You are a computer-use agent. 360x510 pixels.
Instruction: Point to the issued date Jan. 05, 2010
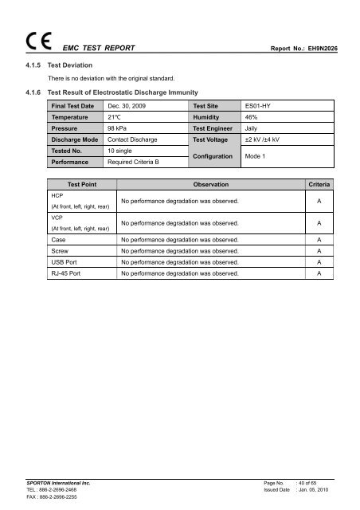tap(320, 491)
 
